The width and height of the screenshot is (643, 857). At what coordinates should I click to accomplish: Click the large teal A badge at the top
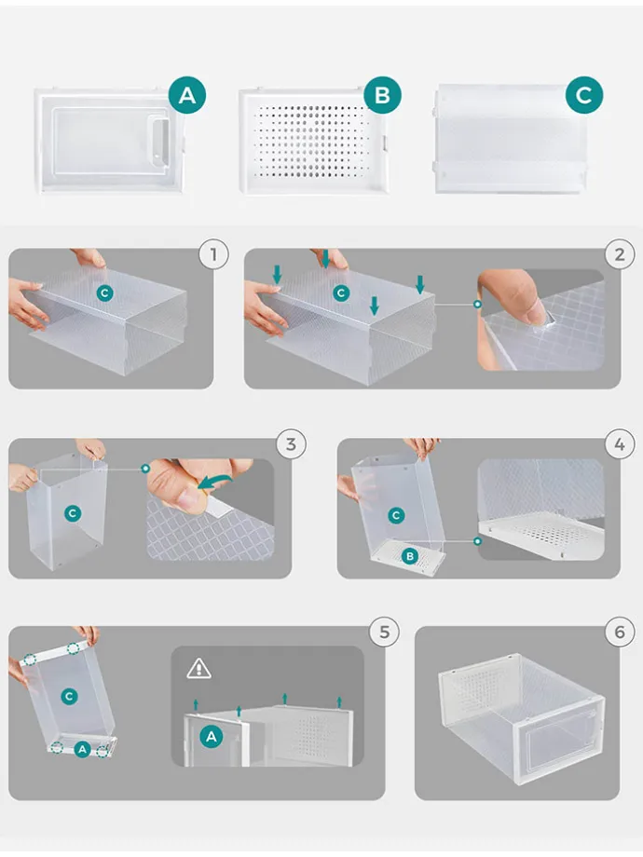[x=187, y=95]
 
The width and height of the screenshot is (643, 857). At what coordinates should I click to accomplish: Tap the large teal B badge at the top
[x=382, y=95]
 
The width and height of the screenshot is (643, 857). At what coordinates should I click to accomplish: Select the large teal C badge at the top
[x=584, y=95]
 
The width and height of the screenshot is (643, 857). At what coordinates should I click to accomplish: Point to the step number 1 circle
[x=213, y=254]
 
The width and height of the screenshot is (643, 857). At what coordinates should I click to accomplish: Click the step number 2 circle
[x=620, y=254]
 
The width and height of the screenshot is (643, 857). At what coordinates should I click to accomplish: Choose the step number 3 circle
[x=291, y=443]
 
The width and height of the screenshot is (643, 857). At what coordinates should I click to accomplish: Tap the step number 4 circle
[x=620, y=443]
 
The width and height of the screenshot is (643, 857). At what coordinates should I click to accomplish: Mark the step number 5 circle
[x=384, y=632]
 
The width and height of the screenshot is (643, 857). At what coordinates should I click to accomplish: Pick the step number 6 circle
[x=620, y=632]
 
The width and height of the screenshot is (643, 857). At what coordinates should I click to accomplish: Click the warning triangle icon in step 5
[x=198, y=668]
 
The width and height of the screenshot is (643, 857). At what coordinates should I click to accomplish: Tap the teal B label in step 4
[x=409, y=556]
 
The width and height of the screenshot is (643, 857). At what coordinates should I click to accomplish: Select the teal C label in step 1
[x=105, y=293]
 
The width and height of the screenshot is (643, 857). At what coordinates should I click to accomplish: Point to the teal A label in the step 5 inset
[x=212, y=737]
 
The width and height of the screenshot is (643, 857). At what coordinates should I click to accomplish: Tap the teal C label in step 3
[x=72, y=513]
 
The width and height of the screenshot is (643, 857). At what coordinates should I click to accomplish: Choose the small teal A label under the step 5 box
[x=82, y=749]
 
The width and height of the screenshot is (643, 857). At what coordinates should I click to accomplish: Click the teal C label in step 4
[x=396, y=515]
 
